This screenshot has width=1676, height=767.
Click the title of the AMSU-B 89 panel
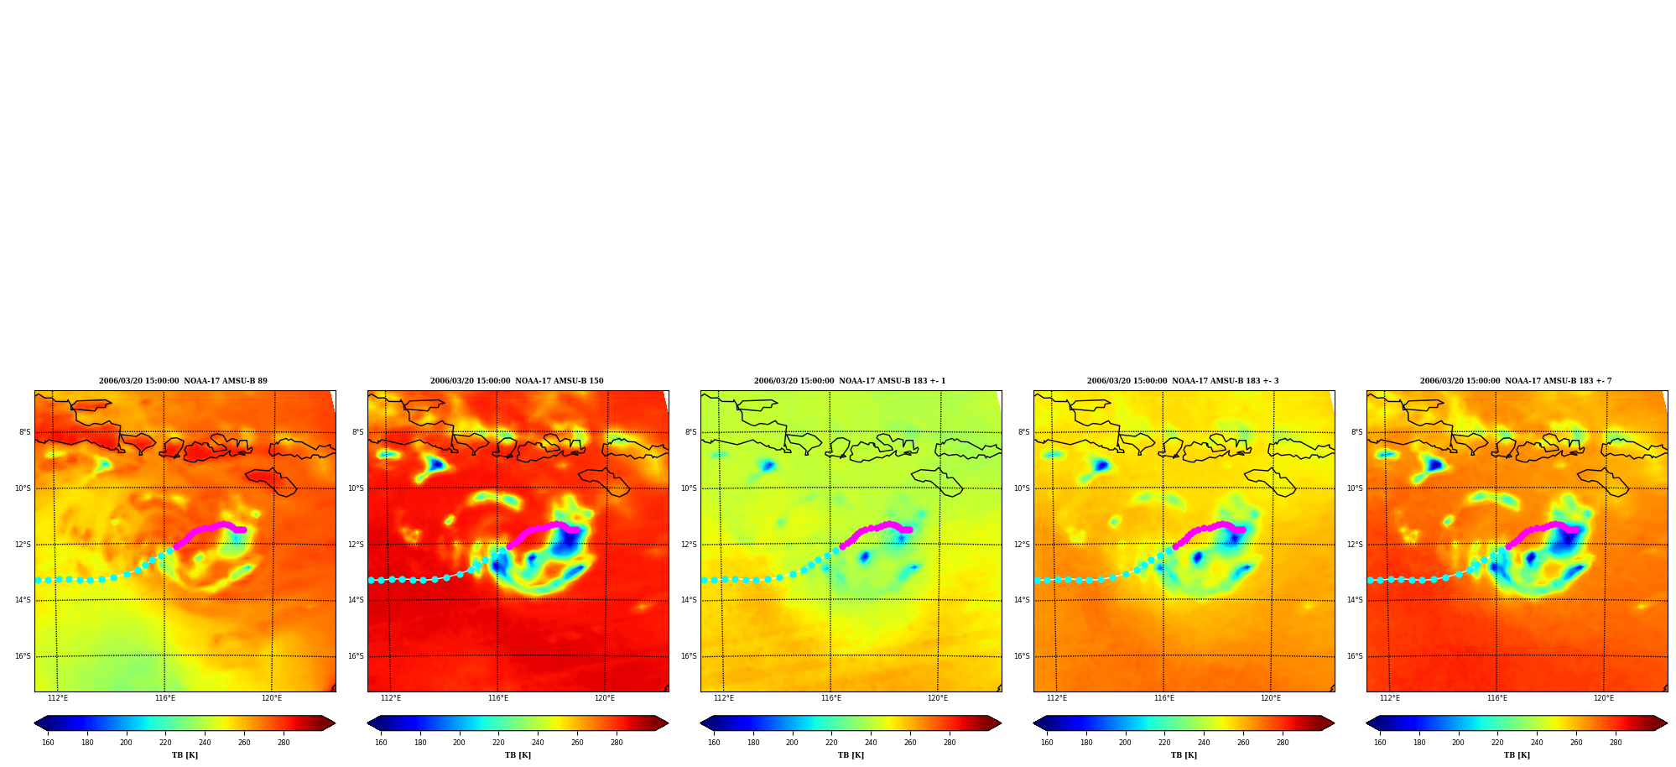coord(183,381)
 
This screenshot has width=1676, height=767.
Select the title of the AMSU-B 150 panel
coord(517,381)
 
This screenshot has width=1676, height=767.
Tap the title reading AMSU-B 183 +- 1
coord(850,381)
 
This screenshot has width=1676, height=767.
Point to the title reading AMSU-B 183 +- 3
coord(1183,381)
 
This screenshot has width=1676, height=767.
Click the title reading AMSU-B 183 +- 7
coord(1516,381)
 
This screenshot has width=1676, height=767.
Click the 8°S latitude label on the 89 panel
coord(25,432)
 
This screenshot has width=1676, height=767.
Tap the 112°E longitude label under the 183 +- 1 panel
coord(724,698)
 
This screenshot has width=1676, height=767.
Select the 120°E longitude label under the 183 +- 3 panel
coord(1271,698)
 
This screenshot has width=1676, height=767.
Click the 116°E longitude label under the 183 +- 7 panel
coord(1497,698)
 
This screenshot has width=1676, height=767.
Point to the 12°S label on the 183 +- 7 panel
coord(1355,545)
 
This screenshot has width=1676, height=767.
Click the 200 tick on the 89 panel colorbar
coord(126,743)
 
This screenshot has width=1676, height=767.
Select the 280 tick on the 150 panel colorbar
coord(617,743)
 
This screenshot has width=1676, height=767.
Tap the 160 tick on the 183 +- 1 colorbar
coord(714,743)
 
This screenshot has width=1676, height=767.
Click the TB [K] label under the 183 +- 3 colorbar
coord(1184,755)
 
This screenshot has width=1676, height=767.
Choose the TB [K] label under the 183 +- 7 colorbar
coord(1517,755)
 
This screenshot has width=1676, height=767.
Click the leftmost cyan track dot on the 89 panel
coord(38,580)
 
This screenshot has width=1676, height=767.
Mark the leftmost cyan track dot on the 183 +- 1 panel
coord(704,580)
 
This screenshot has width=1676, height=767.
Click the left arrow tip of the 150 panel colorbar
coord(367,723)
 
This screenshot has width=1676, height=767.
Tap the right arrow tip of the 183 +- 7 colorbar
coord(1667,723)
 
